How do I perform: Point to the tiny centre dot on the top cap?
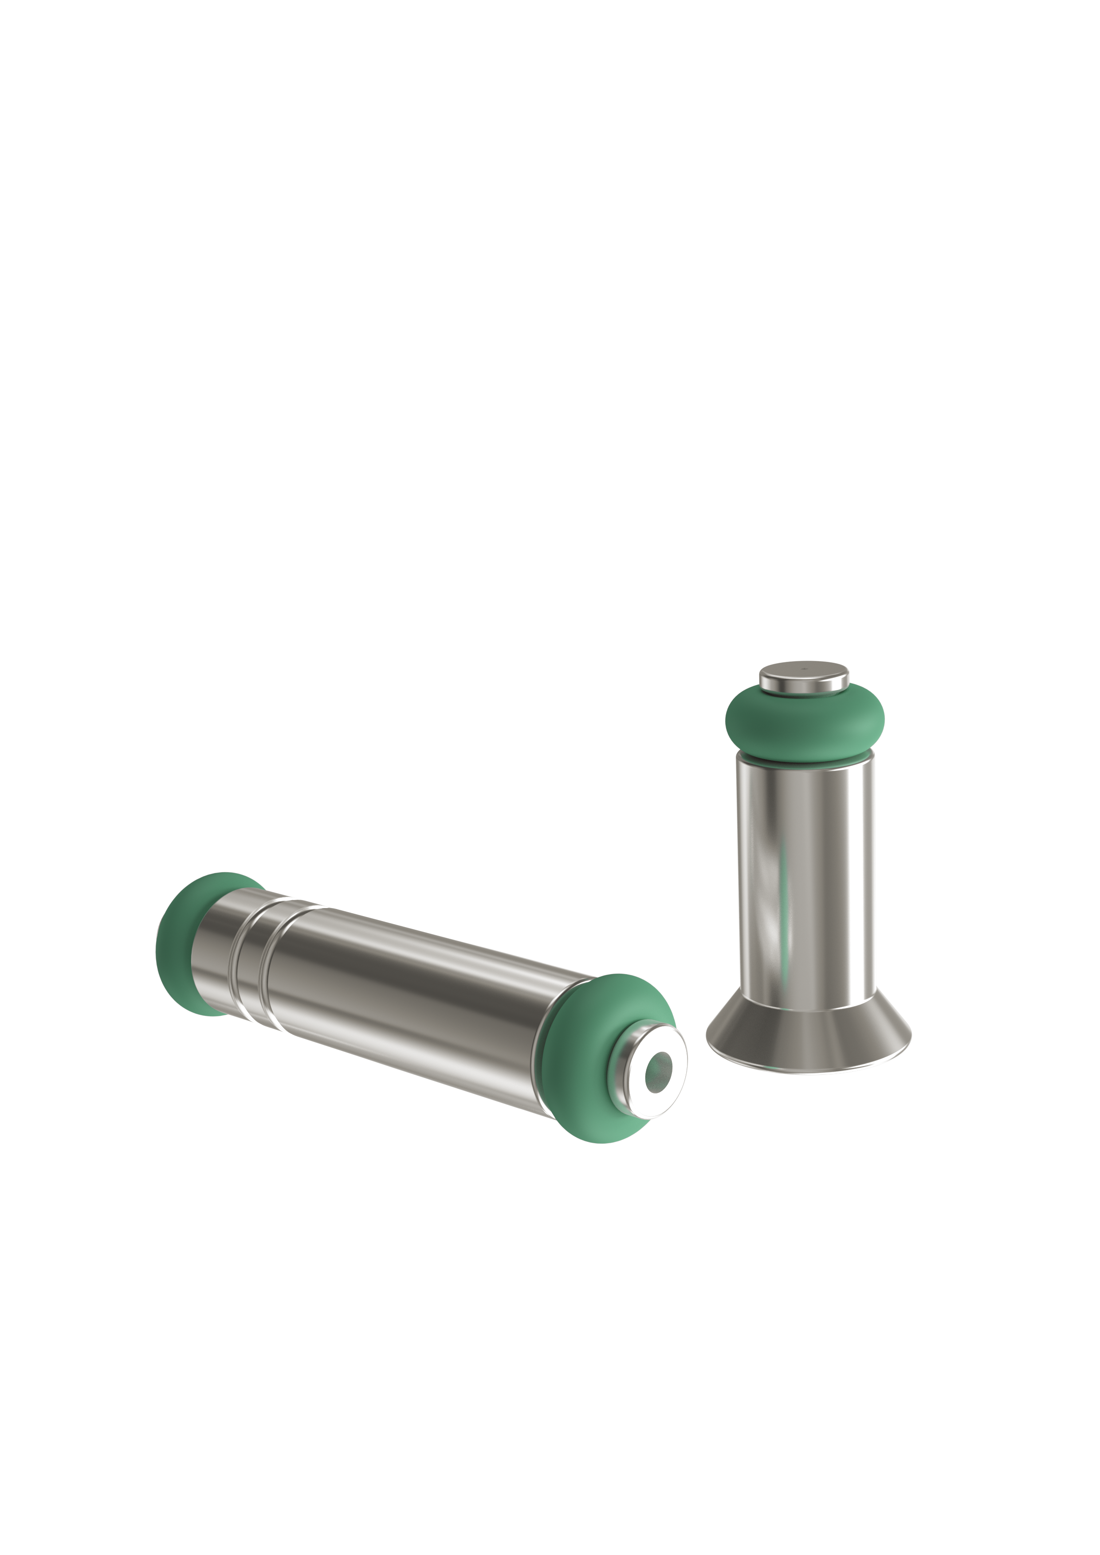tap(804, 668)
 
